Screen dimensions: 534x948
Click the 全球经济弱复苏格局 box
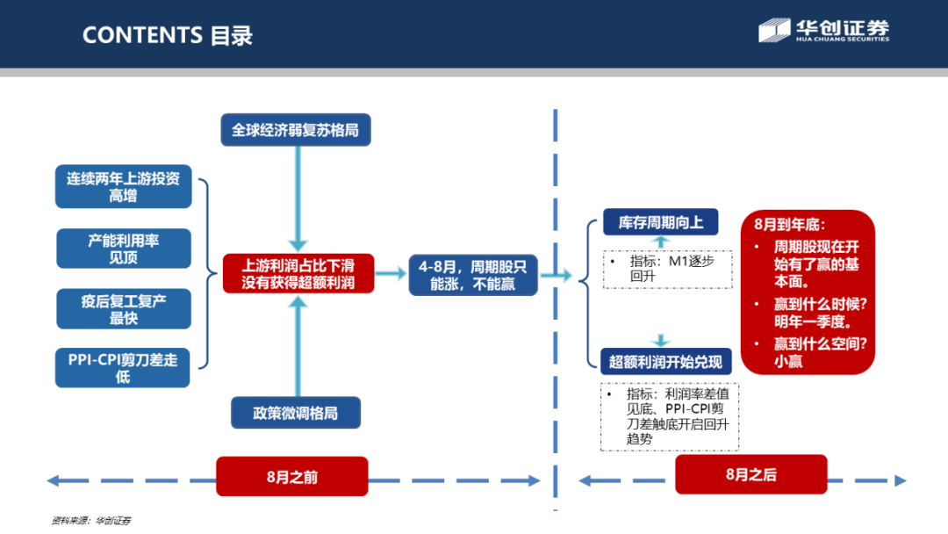pos(295,130)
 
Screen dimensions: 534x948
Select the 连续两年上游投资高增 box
pos(123,187)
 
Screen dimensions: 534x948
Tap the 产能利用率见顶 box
pos(123,249)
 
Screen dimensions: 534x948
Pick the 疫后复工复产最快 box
pos(123,310)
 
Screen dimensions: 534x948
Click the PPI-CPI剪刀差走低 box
pos(123,368)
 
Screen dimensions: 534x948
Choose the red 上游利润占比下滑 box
pos(298,274)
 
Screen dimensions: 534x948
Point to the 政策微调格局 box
pos(295,413)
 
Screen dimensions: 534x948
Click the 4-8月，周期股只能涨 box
pos(473,275)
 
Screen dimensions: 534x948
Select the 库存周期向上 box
pos(660,222)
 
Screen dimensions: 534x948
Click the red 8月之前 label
pos(291,477)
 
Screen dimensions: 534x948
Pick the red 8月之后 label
pos(750,474)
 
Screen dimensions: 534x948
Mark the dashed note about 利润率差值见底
pos(670,416)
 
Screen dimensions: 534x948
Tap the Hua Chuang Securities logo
pos(823,31)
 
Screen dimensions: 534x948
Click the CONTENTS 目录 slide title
pos(167,35)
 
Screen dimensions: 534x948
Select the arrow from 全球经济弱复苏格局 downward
pos(298,198)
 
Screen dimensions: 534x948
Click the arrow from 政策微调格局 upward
pos(298,347)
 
